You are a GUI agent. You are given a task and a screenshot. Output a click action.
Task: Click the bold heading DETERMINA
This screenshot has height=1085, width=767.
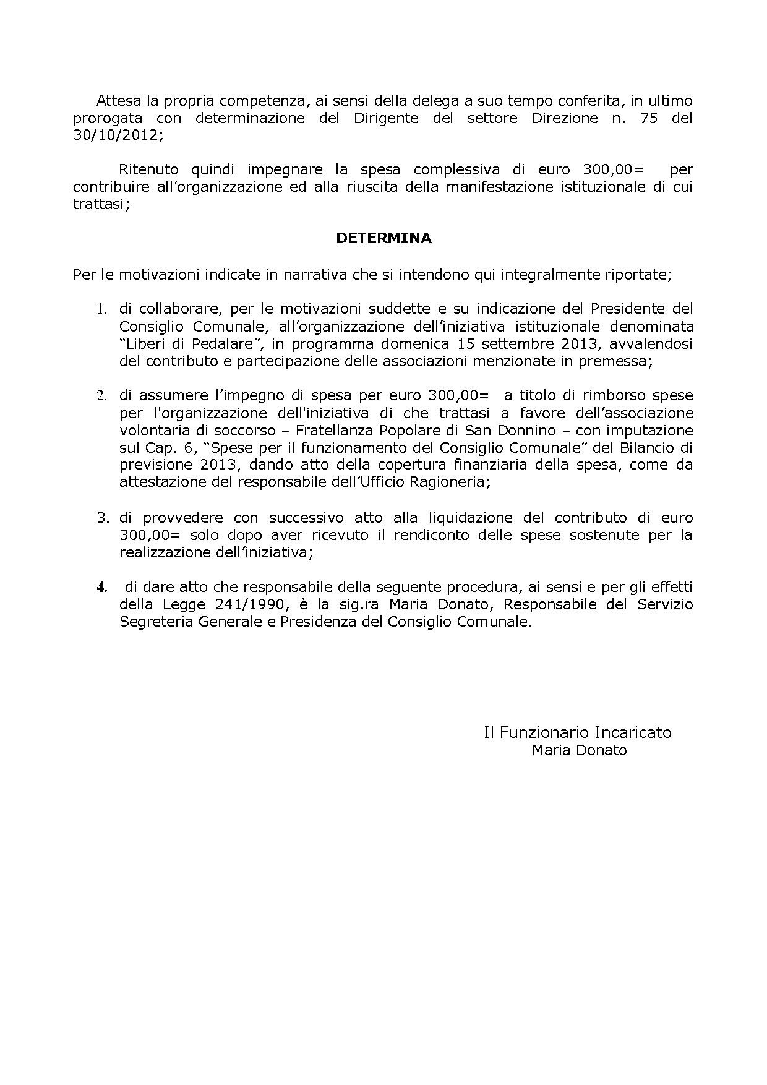point(383,238)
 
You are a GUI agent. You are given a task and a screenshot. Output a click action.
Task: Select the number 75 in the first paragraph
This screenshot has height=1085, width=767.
point(649,118)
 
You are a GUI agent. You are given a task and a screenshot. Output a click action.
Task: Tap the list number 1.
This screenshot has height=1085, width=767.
point(102,309)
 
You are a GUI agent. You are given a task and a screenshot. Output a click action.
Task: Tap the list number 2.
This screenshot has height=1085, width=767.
point(102,395)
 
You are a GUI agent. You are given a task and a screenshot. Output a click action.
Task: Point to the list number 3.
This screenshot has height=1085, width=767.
point(102,518)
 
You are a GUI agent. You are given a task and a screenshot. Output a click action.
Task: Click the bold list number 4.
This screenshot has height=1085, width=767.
point(102,587)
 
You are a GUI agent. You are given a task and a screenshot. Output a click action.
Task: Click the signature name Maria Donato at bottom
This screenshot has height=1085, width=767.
point(579,750)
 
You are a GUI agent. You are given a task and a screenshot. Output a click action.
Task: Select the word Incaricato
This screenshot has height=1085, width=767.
point(633,732)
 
